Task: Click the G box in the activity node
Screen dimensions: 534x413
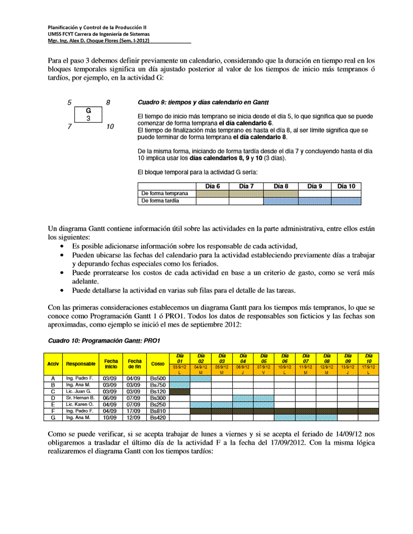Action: [x=89, y=114]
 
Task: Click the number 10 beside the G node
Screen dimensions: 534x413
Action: [x=110, y=127]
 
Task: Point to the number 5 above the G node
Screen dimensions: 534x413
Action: [x=69, y=103]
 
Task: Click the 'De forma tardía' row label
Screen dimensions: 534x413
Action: [x=160, y=201]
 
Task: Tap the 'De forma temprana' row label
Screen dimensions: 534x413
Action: [x=164, y=193]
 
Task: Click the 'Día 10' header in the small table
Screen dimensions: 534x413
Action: [x=346, y=186]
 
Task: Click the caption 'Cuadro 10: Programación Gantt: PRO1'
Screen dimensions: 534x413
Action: [x=104, y=341]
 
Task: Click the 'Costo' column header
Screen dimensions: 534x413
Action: [x=158, y=364]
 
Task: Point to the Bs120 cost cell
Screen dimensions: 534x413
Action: [x=158, y=391]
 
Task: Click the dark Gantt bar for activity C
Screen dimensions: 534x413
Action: [x=179, y=391]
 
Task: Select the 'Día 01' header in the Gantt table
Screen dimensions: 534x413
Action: [x=179, y=358]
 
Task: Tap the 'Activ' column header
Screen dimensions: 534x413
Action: [x=53, y=364]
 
